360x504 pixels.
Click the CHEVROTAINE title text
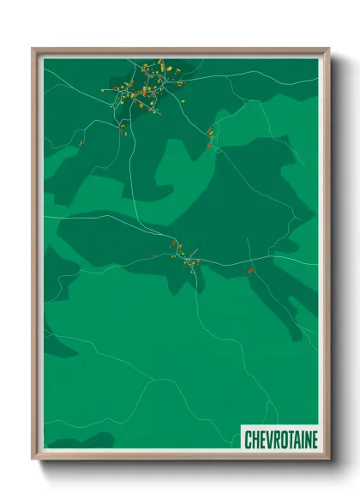[280, 440]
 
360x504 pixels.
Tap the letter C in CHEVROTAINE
[249, 440]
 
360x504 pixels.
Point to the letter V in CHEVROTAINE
[268, 440]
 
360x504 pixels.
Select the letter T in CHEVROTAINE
[288, 440]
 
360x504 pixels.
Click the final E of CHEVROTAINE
[314, 440]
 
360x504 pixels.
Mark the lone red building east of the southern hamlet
[250, 271]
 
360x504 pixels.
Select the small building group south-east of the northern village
[209, 135]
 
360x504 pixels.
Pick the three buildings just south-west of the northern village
[122, 129]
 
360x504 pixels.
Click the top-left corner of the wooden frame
[33, 49]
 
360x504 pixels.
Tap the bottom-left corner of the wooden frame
[33, 459]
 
